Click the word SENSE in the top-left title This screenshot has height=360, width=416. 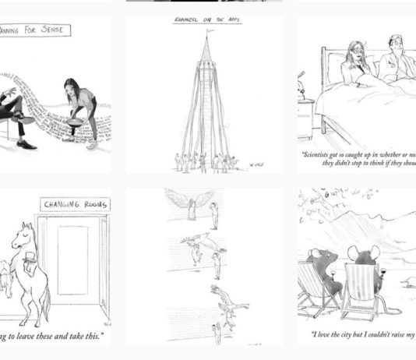tap(48, 31)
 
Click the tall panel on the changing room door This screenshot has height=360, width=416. tap(72, 259)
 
